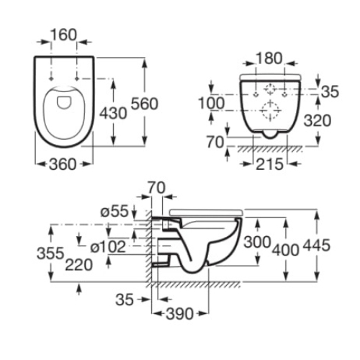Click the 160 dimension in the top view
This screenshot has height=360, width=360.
(x=63, y=35)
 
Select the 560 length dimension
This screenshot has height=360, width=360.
(x=145, y=104)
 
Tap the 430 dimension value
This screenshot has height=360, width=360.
(x=113, y=113)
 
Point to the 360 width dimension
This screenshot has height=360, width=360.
(x=63, y=165)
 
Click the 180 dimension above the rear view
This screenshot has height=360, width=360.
(x=269, y=58)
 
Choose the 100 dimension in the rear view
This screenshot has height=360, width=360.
(x=212, y=103)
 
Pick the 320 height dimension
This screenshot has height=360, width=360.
(x=318, y=120)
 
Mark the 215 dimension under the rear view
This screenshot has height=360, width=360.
(x=269, y=165)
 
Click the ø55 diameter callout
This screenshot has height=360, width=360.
(x=114, y=212)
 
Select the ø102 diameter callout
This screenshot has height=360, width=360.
(x=108, y=247)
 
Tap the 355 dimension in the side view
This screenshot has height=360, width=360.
(x=50, y=253)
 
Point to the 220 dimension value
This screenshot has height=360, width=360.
(x=79, y=265)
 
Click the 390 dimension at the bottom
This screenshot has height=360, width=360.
(x=179, y=314)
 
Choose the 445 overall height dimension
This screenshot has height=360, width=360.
(x=317, y=246)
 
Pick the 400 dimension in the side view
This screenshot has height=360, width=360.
(x=286, y=250)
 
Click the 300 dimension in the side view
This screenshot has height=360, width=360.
(x=257, y=242)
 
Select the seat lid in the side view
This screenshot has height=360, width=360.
(x=207, y=212)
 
